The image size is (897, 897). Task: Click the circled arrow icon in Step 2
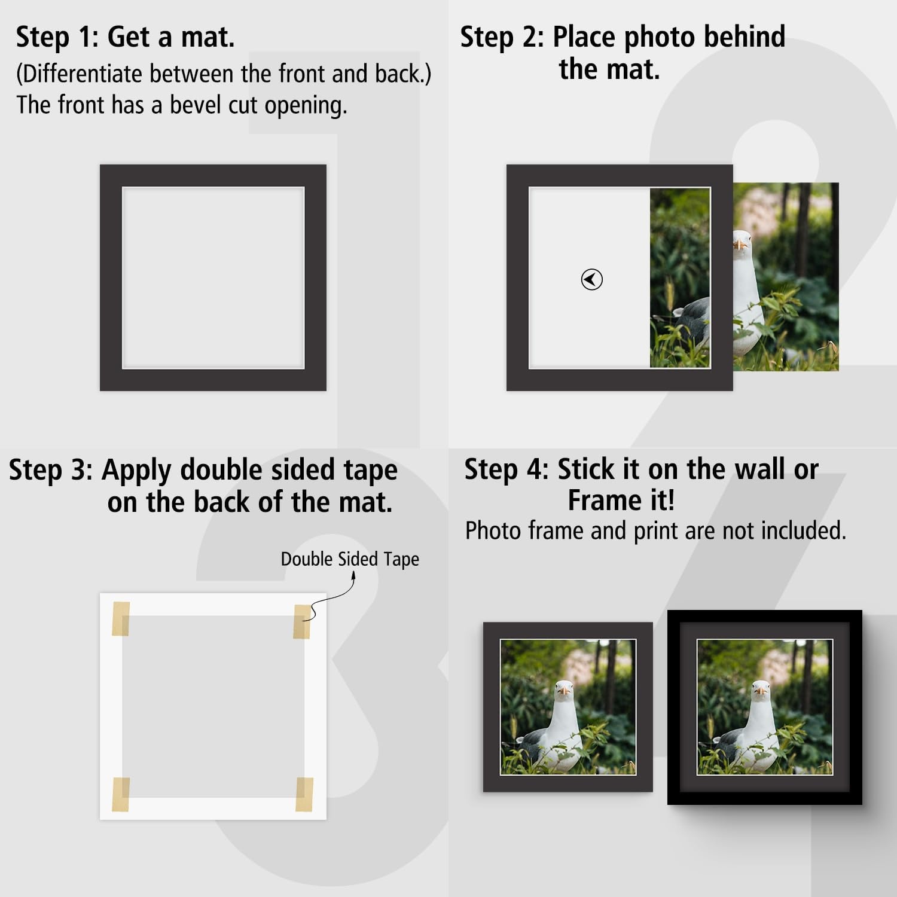point(591,279)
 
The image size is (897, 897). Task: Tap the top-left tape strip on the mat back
point(121,618)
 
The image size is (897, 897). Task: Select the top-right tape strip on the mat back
point(302,621)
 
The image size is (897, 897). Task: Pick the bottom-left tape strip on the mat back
point(121,795)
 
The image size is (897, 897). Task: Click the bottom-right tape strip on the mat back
point(304,795)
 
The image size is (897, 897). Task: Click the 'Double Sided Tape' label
point(350,559)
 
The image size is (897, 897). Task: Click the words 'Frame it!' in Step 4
point(621,500)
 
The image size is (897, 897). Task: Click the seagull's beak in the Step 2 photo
point(740,245)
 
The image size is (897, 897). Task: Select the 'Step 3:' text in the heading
point(51,470)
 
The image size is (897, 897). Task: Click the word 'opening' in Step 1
point(306,106)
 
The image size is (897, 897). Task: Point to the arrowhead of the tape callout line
point(353,575)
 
